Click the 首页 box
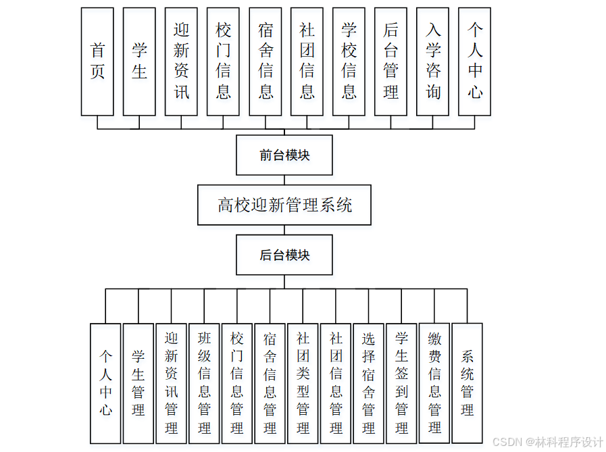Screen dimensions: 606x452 (x=97, y=61)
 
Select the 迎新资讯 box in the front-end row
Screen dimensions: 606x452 (x=181, y=61)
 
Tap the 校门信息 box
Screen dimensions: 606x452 (x=223, y=61)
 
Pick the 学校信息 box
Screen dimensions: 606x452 (x=349, y=61)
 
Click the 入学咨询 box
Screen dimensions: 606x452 (x=432, y=61)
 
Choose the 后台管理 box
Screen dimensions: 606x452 (x=390, y=61)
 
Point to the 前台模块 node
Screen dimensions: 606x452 (x=284, y=155)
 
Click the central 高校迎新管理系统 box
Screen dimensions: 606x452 (x=284, y=205)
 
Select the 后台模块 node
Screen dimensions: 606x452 (x=284, y=255)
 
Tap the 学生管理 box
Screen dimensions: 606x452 (x=138, y=382)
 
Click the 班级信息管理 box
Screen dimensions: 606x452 (x=204, y=382)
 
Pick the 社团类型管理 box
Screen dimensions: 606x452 (x=303, y=382)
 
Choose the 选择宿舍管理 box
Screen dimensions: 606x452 (x=368, y=382)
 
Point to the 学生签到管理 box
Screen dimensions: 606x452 (x=401, y=382)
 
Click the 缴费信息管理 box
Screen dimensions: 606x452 (x=434, y=382)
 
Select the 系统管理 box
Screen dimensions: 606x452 (x=467, y=382)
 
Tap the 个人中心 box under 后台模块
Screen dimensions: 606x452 (x=106, y=382)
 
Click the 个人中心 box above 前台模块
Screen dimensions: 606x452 (x=474, y=61)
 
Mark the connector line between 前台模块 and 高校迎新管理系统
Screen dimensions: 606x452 (x=284, y=180)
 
